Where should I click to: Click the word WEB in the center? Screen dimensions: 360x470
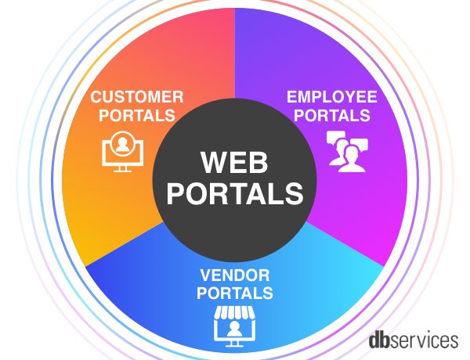pyautogui.click(x=235, y=163)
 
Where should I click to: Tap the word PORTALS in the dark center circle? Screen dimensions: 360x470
pyautogui.click(x=235, y=193)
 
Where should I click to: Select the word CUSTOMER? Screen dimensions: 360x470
pyautogui.click(x=137, y=98)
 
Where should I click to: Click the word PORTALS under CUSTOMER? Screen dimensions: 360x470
pyautogui.click(x=137, y=116)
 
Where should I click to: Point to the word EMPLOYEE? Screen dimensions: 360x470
pyautogui.click(x=331, y=98)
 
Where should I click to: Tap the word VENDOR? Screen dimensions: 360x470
pyautogui.click(x=235, y=275)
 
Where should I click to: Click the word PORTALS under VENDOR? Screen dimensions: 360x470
pyautogui.click(x=235, y=293)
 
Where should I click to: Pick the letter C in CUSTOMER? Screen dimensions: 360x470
pyautogui.click(x=96, y=98)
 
